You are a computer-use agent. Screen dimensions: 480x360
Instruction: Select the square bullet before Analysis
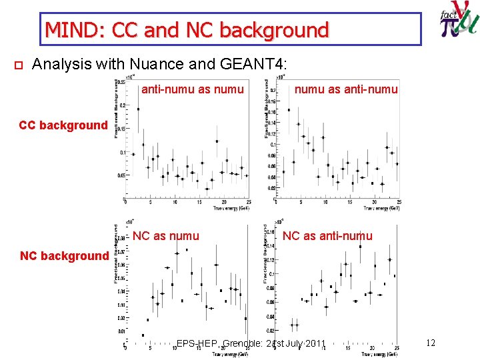tap(19, 65)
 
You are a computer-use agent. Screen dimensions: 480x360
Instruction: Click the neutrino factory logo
tap(459, 24)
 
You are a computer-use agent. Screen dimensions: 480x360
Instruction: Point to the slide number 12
tap(430, 343)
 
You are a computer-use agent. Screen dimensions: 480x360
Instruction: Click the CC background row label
tap(63, 125)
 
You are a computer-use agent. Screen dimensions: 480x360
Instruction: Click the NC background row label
tap(64, 256)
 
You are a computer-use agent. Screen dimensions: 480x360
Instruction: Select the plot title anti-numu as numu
tap(193, 89)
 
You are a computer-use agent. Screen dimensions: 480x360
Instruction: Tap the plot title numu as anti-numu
tap(346, 89)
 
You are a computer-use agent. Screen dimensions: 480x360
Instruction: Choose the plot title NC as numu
tap(165, 235)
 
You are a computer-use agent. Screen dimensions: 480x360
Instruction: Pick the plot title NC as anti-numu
tap(327, 235)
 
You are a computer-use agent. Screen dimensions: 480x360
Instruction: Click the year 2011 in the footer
tap(314, 344)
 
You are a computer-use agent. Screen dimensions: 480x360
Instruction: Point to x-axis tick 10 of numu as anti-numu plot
tap(325, 203)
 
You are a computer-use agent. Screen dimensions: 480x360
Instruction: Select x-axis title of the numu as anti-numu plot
tap(381, 208)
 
